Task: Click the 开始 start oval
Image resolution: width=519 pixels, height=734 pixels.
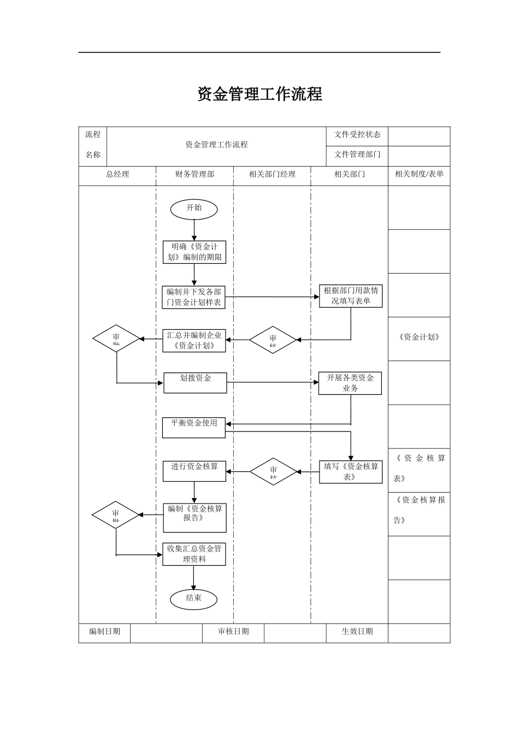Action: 194,209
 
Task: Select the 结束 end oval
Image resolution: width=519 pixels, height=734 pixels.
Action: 194,599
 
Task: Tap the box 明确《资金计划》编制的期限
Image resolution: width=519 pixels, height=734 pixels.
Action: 194,252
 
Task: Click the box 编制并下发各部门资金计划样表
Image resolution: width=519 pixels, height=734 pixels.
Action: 194,297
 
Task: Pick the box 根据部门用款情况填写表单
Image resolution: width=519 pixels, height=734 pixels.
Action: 351,296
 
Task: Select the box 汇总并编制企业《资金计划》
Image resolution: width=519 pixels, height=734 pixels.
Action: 194,340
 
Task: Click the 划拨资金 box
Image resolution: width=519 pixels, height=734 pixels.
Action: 195,382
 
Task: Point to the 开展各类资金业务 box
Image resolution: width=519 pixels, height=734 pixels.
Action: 350,383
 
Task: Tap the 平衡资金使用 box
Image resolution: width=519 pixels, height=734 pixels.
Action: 194,428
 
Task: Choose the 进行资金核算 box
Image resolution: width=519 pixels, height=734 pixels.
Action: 194,471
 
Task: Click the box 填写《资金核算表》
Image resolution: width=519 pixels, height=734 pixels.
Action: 351,472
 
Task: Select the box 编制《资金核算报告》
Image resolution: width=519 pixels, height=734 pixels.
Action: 194,517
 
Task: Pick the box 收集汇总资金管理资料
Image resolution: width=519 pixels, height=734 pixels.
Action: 194,554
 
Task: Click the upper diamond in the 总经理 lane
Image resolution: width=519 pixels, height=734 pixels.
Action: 116,339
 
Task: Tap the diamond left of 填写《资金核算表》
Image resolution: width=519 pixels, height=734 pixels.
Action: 273,471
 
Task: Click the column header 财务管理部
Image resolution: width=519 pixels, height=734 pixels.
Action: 194,174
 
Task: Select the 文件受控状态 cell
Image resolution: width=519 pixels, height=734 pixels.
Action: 357,134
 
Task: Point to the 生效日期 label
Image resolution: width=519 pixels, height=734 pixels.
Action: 357,631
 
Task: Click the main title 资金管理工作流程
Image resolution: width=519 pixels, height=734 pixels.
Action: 259,94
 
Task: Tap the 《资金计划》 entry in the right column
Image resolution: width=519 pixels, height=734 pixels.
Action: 419,338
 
